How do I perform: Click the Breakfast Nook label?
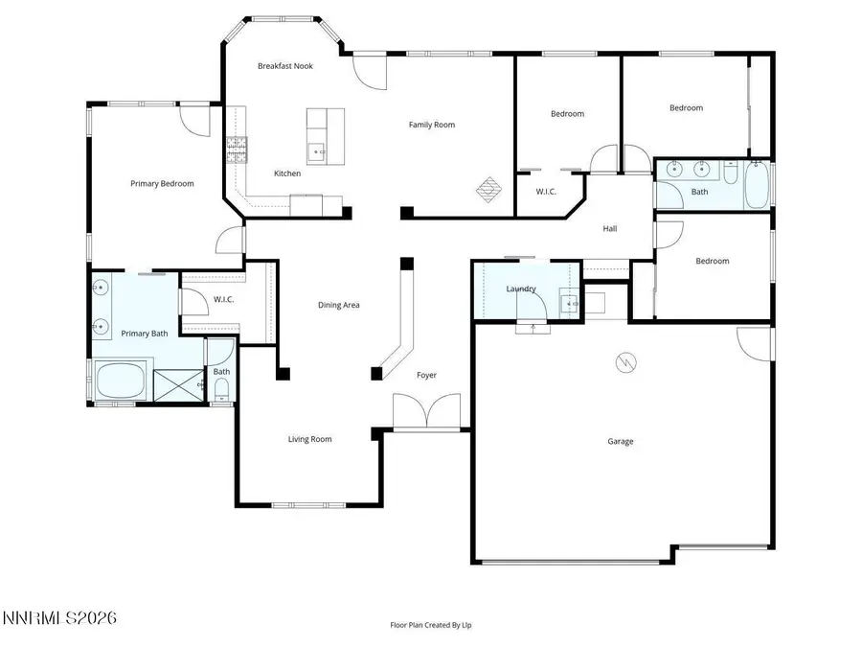coord(285,66)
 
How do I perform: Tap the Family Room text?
coord(432,125)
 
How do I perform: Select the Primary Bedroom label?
coord(163,184)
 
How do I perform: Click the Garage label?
coord(621,442)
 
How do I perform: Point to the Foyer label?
coord(426,375)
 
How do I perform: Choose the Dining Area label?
coord(339,305)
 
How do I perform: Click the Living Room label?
coord(310,439)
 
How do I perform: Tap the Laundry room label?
coord(521,289)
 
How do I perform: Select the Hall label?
coord(610,229)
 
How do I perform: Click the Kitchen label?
coord(287,173)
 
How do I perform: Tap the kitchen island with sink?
coord(325,135)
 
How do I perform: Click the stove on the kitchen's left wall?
coord(237,149)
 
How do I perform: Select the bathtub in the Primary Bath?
coord(120,381)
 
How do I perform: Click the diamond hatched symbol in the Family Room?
coord(488,188)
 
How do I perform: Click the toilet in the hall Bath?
coord(731,174)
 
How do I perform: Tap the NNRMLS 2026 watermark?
coord(59,618)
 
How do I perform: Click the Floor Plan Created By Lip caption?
coord(430,625)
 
